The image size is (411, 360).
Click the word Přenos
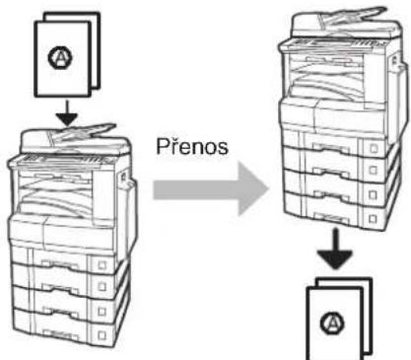[x=192, y=146]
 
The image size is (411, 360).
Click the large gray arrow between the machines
[x=210, y=189]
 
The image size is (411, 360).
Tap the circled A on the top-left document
[x=61, y=57]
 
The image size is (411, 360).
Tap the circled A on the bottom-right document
[x=332, y=324]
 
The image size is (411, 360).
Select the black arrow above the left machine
[x=67, y=112]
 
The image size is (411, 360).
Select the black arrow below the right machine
[x=335, y=249]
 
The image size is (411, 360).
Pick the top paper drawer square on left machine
[x=103, y=265]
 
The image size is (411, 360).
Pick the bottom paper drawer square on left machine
[x=103, y=335]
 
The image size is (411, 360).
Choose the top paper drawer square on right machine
[x=374, y=148]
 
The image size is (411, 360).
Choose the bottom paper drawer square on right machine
[x=373, y=219]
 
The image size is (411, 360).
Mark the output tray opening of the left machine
[x=55, y=194]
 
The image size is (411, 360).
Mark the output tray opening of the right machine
[x=326, y=76]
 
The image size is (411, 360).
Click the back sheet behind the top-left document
[x=95, y=49]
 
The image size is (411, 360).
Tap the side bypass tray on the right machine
[x=397, y=92]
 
